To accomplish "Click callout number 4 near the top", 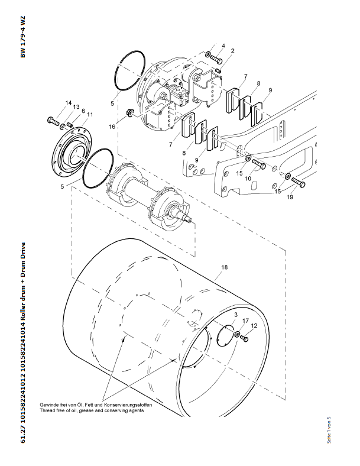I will (x=223, y=46).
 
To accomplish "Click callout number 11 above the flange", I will (x=90, y=115).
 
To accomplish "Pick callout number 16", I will (x=112, y=127).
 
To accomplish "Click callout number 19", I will (x=290, y=197).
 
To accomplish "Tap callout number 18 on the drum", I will (x=224, y=267).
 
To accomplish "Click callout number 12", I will (x=254, y=326).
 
